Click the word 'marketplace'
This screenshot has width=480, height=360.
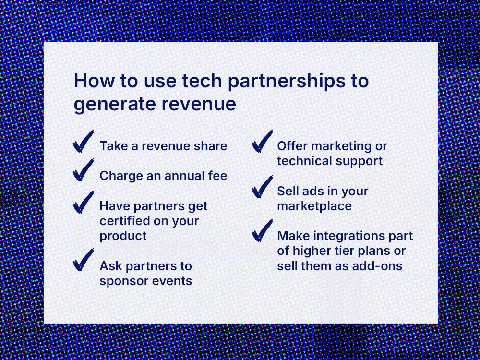(314, 206)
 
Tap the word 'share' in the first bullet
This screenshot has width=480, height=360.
(211, 146)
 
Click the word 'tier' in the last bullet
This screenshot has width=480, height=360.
(351, 251)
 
